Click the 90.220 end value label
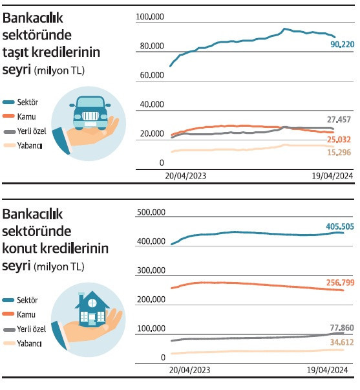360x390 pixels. coord(342,45)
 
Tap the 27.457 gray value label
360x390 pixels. coord(339,120)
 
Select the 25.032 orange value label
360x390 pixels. coord(339,140)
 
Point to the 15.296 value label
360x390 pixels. coord(339,152)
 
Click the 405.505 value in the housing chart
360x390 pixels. coord(340,226)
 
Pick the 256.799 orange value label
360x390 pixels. coord(340,283)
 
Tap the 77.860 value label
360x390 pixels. coord(342,328)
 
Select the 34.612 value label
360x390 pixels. coord(342,342)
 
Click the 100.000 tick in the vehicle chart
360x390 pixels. coord(150,17)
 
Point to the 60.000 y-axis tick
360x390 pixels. coord(152,75)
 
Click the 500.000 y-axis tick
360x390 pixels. coord(151,212)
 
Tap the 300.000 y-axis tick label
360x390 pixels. coord(151,270)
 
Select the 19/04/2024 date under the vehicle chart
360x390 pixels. coord(332,176)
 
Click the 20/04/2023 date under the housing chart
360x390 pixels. coord(190,370)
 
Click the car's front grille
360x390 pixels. coord(90,116)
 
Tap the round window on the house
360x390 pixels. coord(92,303)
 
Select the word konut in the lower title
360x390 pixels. coord(19,248)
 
